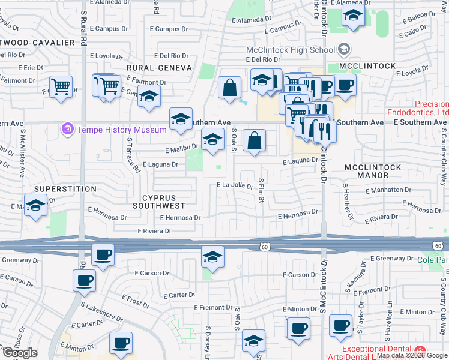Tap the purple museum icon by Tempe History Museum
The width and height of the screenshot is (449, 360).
67,129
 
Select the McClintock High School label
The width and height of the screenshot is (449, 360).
292,50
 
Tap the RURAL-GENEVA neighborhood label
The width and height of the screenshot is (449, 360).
158,68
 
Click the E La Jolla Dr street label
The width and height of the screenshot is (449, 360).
235,186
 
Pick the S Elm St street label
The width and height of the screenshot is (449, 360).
261,190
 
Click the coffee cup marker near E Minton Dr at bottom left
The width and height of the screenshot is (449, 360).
121,343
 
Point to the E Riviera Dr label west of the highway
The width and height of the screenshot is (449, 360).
155,231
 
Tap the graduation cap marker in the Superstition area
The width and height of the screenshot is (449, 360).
36,205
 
